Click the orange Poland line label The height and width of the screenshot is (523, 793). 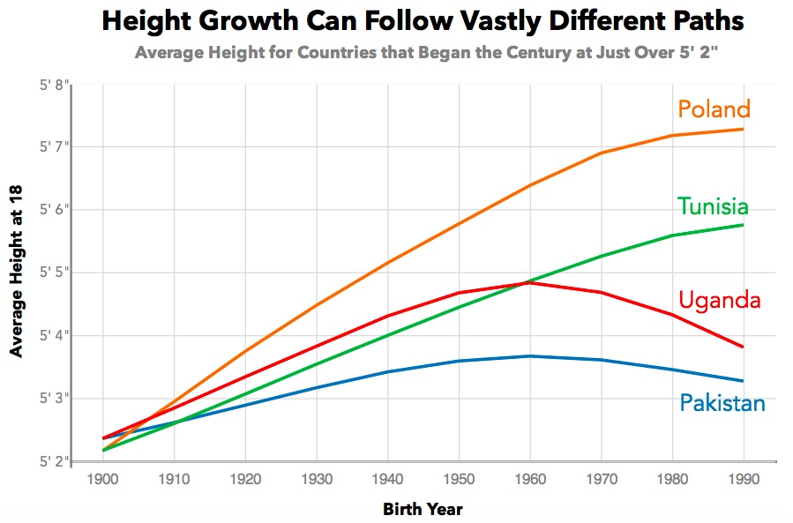coord(714,109)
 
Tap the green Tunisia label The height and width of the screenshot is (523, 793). coord(713,207)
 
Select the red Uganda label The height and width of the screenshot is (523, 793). coord(719,301)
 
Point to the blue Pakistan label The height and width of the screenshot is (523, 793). coord(722,404)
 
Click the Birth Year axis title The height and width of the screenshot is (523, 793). coord(423,509)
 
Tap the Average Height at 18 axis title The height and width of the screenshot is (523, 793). coord(17,273)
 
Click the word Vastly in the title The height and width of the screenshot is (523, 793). coord(503,21)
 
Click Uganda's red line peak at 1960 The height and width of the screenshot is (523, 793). coord(530,283)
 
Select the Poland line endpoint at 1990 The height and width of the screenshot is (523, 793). coord(743,130)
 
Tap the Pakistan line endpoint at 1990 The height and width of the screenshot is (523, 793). coord(743,381)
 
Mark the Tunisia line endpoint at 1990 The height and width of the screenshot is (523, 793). coord(743,225)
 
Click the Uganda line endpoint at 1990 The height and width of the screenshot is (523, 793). coord(743,347)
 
